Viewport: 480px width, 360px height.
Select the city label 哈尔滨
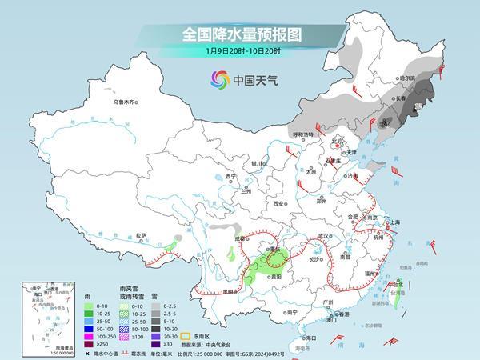pyautogui.click(x=408, y=78)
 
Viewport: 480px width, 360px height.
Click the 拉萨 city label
pyautogui.click(x=142, y=235)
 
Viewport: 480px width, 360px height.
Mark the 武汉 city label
pyautogui.click(x=324, y=236)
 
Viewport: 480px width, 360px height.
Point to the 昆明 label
pyautogui.click(x=231, y=291)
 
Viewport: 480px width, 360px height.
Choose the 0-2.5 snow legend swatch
pyautogui.click(x=158, y=305)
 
